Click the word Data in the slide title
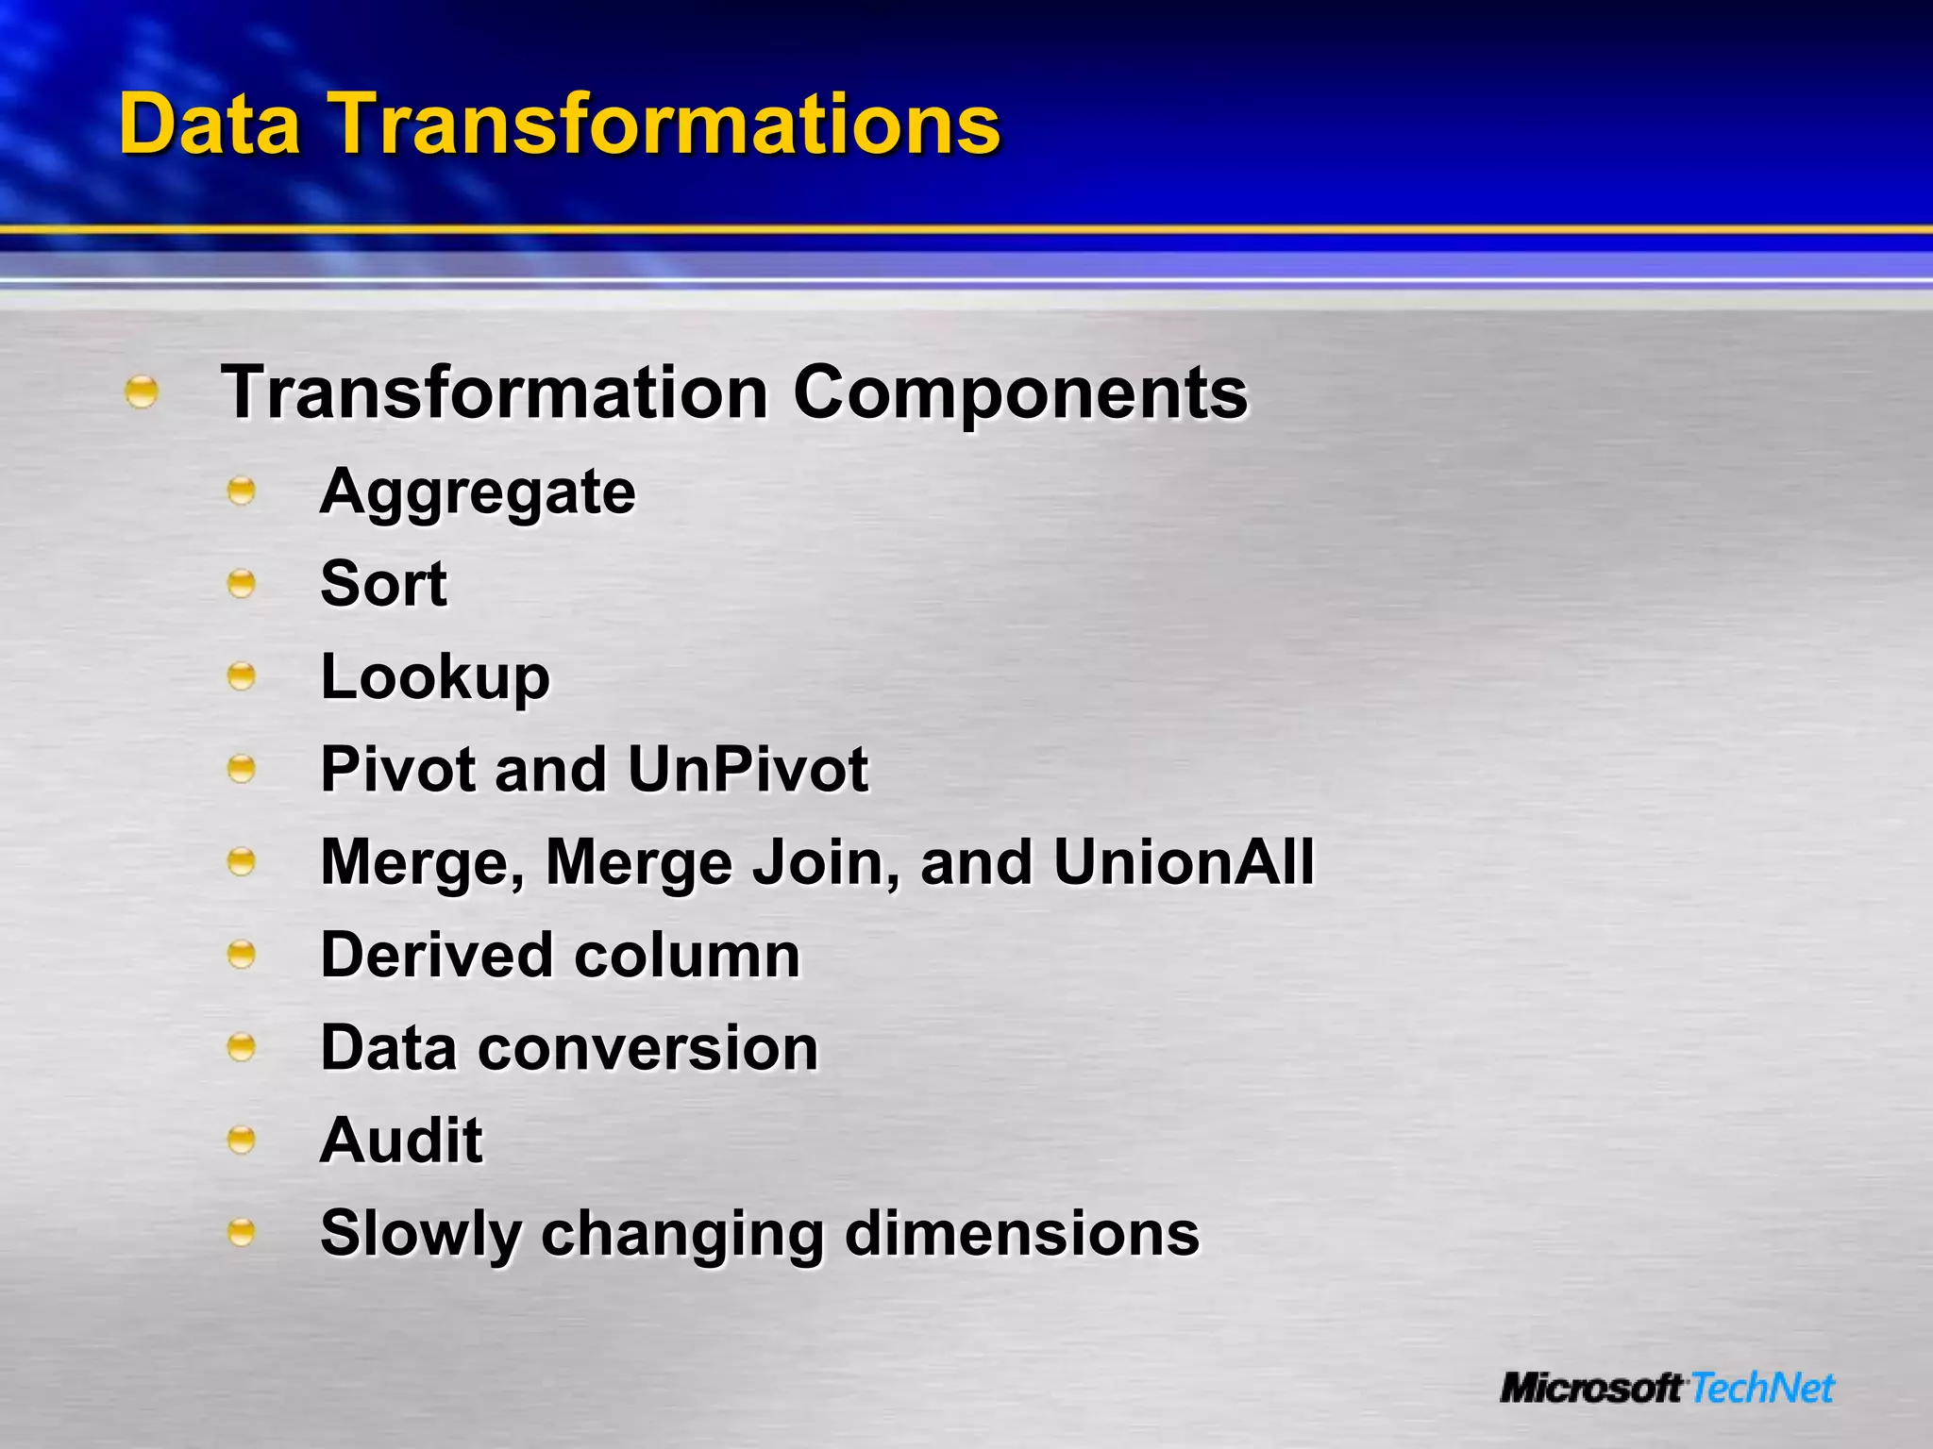click(x=210, y=125)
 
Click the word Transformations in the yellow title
click(x=667, y=125)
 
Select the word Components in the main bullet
click(x=1020, y=392)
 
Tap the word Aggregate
click(x=478, y=492)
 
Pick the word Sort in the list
click(x=383, y=584)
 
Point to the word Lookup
click(x=435, y=677)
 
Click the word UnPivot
click(x=747, y=770)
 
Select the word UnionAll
click(x=1184, y=862)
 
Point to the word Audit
click(x=401, y=1141)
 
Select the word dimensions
click(x=1021, y=1234)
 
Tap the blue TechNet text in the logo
click(x=1762, y=1389)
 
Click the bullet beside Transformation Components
click(x=142, y=392)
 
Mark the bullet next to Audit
click(x=242, y=1141)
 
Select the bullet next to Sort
click(x=242, y=584)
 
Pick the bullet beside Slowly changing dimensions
click(x=242, y=1233)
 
